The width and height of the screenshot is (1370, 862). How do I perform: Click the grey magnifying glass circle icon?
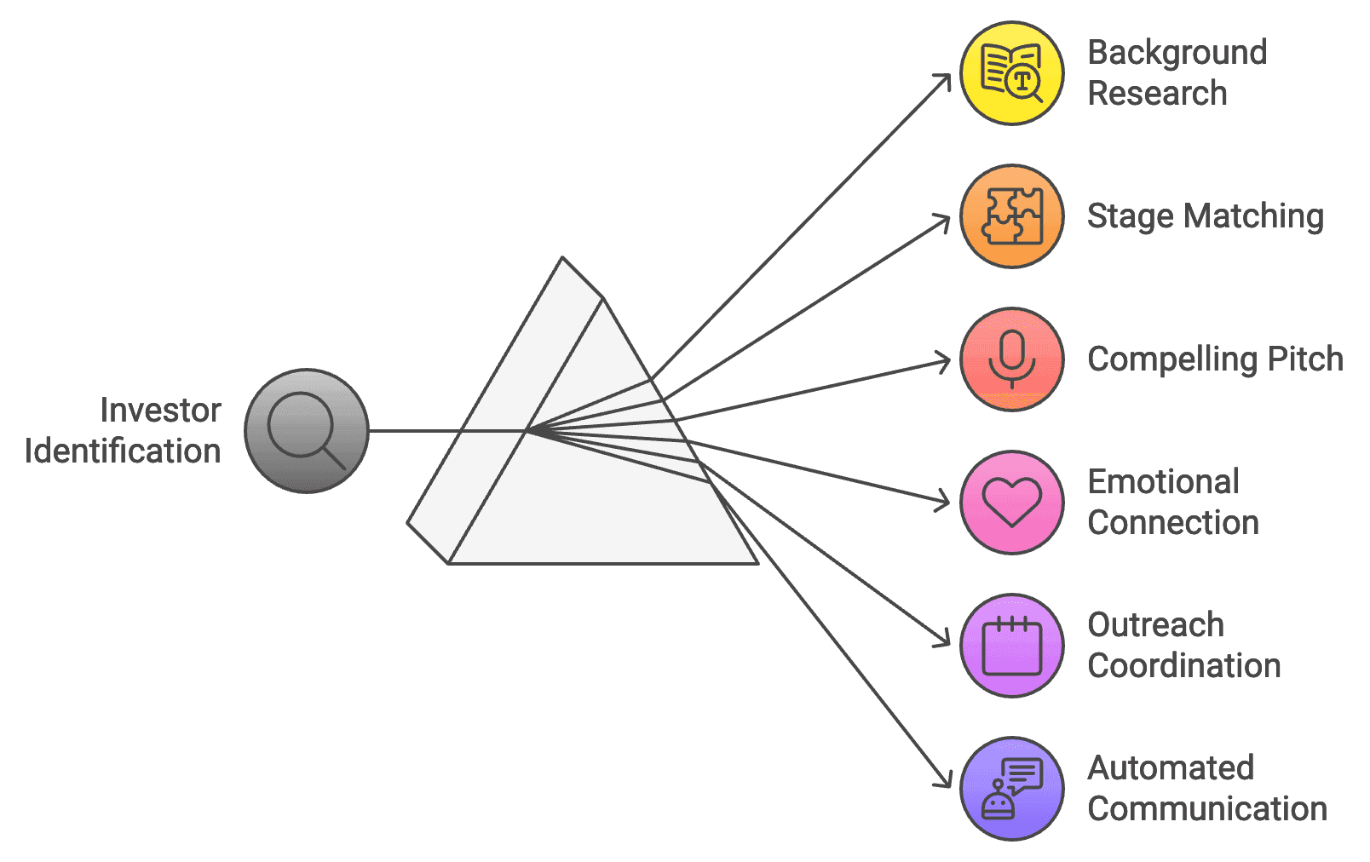pyautogui.click(x=307, y=431)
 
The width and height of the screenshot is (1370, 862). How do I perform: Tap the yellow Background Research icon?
pyautogui.click(x=1011, y=73)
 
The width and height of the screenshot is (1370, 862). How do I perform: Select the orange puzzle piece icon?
pyautogui.click(x=1011, y=216)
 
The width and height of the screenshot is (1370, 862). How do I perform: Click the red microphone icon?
pyautogui.click(x=1011, y=359)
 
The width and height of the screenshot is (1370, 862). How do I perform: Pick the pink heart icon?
pyautogui.click(x=1011, y=503)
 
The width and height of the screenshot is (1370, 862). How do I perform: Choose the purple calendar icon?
pyautogui.click(x=1011, y=646)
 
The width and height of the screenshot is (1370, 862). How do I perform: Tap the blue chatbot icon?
pyautogui.click(x=1011, y=789)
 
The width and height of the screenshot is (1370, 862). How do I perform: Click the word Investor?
pyautogui.click(x=160, y=411)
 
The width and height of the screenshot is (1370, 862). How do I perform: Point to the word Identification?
pyautogui.click(x=123, y=451)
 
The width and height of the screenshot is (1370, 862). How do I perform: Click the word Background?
pyautogui.click(x=1177, y=53)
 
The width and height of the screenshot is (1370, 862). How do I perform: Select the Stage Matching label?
pyautogui.click(x=1205, y=216)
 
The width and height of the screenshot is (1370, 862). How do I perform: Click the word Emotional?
pyautogui.click(x=1163, y=482)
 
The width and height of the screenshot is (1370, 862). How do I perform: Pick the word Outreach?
pyautogui.click(x=1155, y=625)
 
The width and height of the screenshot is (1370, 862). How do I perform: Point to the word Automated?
pyautogui.click(x=1171, y=768)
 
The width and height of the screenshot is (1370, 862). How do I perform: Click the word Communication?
pyautogui.click(x=1207, y=809)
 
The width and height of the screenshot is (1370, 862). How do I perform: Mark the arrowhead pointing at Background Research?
pyautogui.click(x=945, y=79)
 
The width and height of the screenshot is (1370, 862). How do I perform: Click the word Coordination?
pyautogui.click(x=1184, y=666)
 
